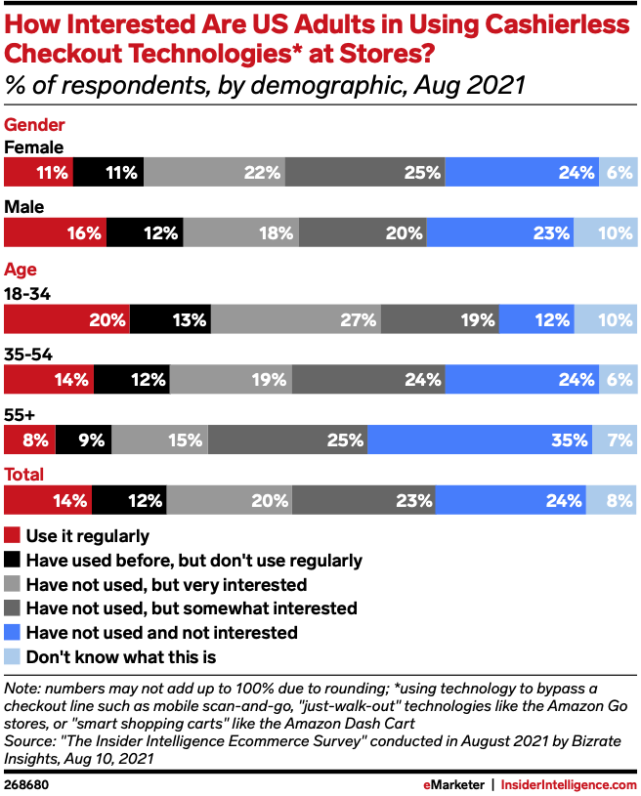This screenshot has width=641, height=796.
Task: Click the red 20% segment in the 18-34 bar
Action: [66, 319]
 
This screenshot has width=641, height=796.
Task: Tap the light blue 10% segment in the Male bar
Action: [606, 232]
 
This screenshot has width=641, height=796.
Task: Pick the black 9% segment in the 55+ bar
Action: [83, 440]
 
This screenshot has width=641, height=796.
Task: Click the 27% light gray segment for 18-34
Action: [295, 319]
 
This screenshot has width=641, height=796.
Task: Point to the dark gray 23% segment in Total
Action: [363, 500]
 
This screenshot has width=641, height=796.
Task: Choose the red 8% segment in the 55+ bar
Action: [29, 440]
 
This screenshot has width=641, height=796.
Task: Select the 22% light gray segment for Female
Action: [214, 173]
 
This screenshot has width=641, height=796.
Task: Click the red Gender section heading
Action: [35, 125]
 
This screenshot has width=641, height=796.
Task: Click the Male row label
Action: [23, 208]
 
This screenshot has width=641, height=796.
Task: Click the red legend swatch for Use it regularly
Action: [13, 536]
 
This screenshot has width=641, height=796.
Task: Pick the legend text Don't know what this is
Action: [121, 656]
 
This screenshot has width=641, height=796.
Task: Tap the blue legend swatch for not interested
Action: [13, 632]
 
